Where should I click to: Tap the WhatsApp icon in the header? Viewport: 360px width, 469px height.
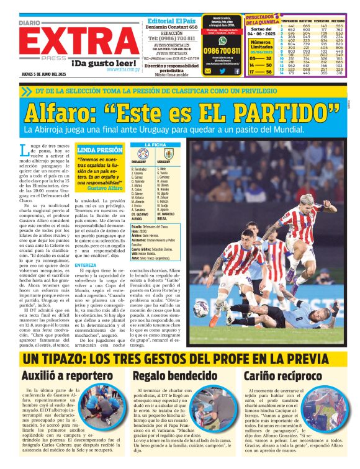(222, 40)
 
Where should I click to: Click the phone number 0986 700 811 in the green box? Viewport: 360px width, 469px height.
(222, 51)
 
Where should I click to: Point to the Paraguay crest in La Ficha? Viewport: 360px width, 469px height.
(143, 153)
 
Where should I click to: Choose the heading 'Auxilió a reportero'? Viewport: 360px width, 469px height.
(66, 375)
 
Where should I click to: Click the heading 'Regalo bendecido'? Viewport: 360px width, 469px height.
(174, 375)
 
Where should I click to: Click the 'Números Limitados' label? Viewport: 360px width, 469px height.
(260, 45)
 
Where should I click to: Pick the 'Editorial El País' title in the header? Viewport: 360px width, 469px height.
(172, 20)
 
